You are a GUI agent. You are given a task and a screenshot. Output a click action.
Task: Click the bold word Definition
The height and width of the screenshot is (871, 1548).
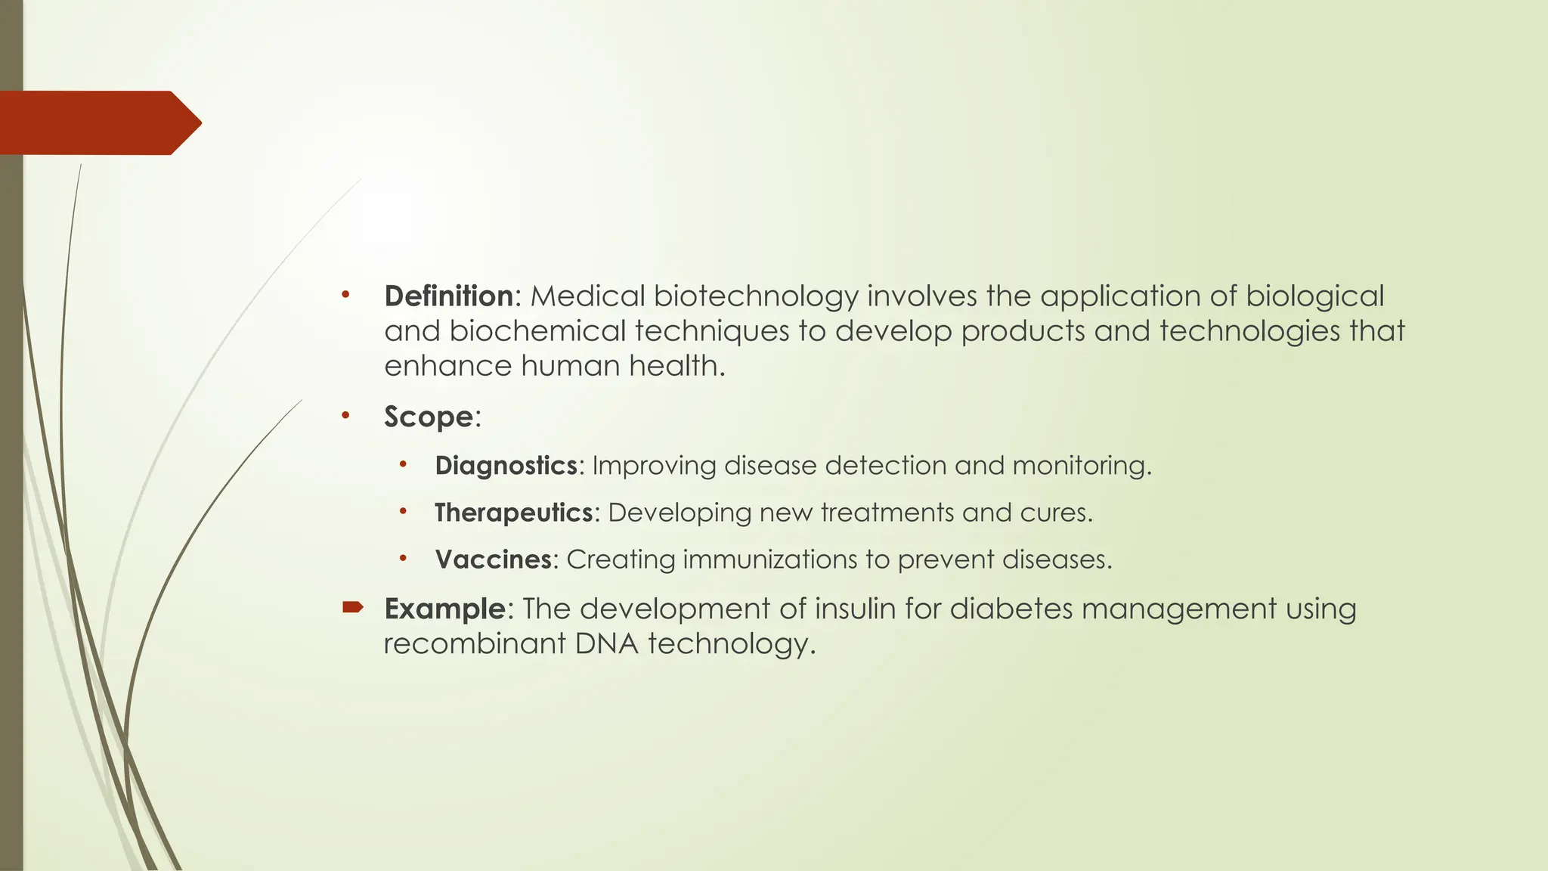(x=448, y=296)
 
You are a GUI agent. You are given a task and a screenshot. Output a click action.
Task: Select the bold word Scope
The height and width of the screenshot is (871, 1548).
(x=428, y=417)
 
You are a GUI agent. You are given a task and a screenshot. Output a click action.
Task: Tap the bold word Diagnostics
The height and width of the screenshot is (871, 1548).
(x=506, y=466)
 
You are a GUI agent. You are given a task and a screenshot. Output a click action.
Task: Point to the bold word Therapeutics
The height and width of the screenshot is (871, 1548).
(x=513, y=513)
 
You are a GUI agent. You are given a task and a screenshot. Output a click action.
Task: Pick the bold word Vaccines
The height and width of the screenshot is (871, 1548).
(x=493, y=559)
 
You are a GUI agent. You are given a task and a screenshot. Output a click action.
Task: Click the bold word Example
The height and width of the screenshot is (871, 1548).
(x=444, y=609)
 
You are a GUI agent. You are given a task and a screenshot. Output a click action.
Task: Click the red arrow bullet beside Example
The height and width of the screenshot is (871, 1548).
(x=353, y=606)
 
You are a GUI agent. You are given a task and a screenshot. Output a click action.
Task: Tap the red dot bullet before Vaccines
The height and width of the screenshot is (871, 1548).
(x=404, y=559)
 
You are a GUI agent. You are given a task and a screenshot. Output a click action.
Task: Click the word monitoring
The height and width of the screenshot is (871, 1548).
(x=1082, y=466)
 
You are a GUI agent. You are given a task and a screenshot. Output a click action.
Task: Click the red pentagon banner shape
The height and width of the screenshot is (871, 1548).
(x=98, y=122)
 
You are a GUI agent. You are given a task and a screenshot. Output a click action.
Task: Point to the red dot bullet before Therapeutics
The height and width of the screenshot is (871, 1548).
(x=404, y=512)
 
